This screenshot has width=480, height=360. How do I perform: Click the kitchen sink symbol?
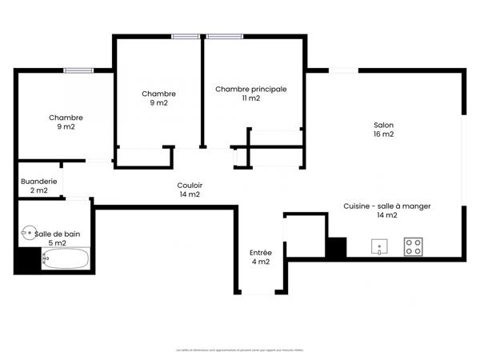[x=379, y=247]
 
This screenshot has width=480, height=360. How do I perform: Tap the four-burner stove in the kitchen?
[x=413, y=247]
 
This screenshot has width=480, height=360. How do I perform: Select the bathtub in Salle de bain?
[x=65, y=259]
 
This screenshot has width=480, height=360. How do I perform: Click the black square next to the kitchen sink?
[x=336, y=248]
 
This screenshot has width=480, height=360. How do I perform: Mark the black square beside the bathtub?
[x=27, y=260]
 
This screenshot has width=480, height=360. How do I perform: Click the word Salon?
[x=384, y=125]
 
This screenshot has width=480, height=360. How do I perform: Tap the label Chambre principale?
[x=250, y=89]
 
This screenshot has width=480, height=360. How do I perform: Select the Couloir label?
[x=190, y=185]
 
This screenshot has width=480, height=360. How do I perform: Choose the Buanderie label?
[x=39, y=181]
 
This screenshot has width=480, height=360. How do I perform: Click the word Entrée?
[x=261, y=253]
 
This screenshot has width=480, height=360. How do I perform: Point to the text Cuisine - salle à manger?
[x=387, y=206]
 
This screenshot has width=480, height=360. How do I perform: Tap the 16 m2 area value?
[x=384, y=134]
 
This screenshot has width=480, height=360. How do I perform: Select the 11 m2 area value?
[x=250, y=98]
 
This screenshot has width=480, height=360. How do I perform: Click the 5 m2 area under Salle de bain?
[x=57, y=242]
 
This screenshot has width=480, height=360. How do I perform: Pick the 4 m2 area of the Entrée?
[x=261, y=262]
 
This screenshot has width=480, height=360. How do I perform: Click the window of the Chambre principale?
[x=226, y=36]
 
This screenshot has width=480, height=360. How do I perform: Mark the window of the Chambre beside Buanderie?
[x=79, y=70]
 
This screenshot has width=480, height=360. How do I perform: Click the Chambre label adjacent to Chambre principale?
[x=158, y=94]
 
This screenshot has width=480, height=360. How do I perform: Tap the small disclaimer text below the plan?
[x=239, y=350]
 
